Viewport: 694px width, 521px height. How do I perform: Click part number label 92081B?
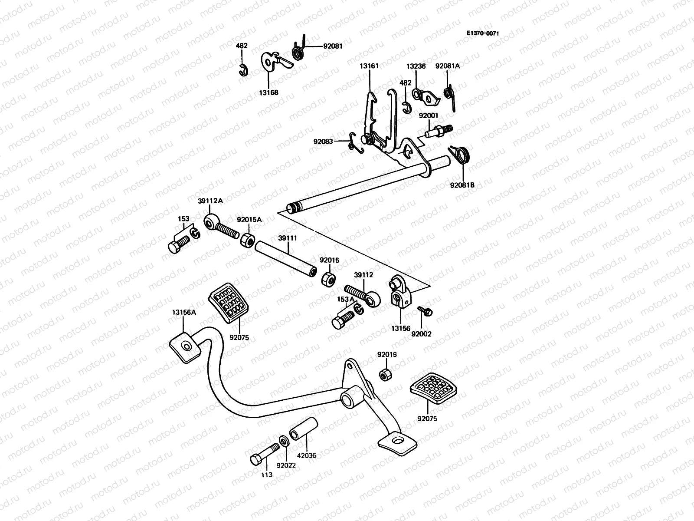(x=462, y=185)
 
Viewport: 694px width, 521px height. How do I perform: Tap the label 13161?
(x=369, y=66)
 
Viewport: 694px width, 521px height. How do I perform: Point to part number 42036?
(x=307, y=456)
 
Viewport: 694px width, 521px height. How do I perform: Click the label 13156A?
(x=183, y=312)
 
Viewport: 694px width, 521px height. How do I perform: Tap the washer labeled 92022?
(x=284, y=442)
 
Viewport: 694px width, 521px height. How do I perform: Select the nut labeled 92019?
(x=384, y=374)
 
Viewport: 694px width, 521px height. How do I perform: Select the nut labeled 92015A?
(x=247, y=240)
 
